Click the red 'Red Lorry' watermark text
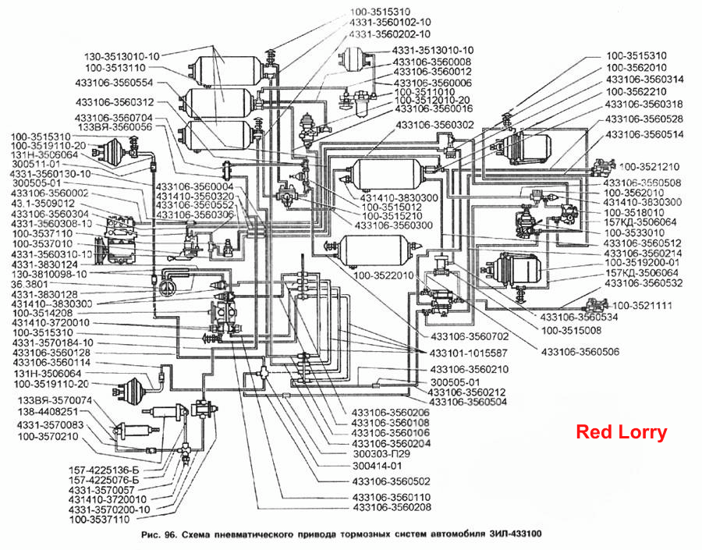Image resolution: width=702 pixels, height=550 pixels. pos(622,432)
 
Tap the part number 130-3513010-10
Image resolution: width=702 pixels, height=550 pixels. pos(122,57)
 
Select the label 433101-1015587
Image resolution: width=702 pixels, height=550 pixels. pos(468,353)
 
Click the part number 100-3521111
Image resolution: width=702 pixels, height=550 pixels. pos(642,306)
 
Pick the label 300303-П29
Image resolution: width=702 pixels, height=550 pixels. pos(381,454)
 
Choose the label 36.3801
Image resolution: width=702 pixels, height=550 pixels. pos(30,285)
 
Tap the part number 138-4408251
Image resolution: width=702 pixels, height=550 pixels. pos(48,412)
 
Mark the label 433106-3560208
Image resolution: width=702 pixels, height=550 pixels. pos(392,507)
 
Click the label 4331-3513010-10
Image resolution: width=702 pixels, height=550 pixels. pos(432,50)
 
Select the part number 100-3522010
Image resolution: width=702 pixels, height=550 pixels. pos(384,275)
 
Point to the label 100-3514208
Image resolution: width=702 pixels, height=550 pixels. pos(43,314)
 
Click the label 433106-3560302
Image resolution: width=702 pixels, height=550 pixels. pos(434,125)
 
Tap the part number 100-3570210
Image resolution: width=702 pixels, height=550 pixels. pos(48,436)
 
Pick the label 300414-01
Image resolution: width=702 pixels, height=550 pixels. pos(377,466)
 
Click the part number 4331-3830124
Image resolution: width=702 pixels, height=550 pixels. pos(44,264)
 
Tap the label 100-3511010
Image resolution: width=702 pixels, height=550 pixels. pos(424,92)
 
